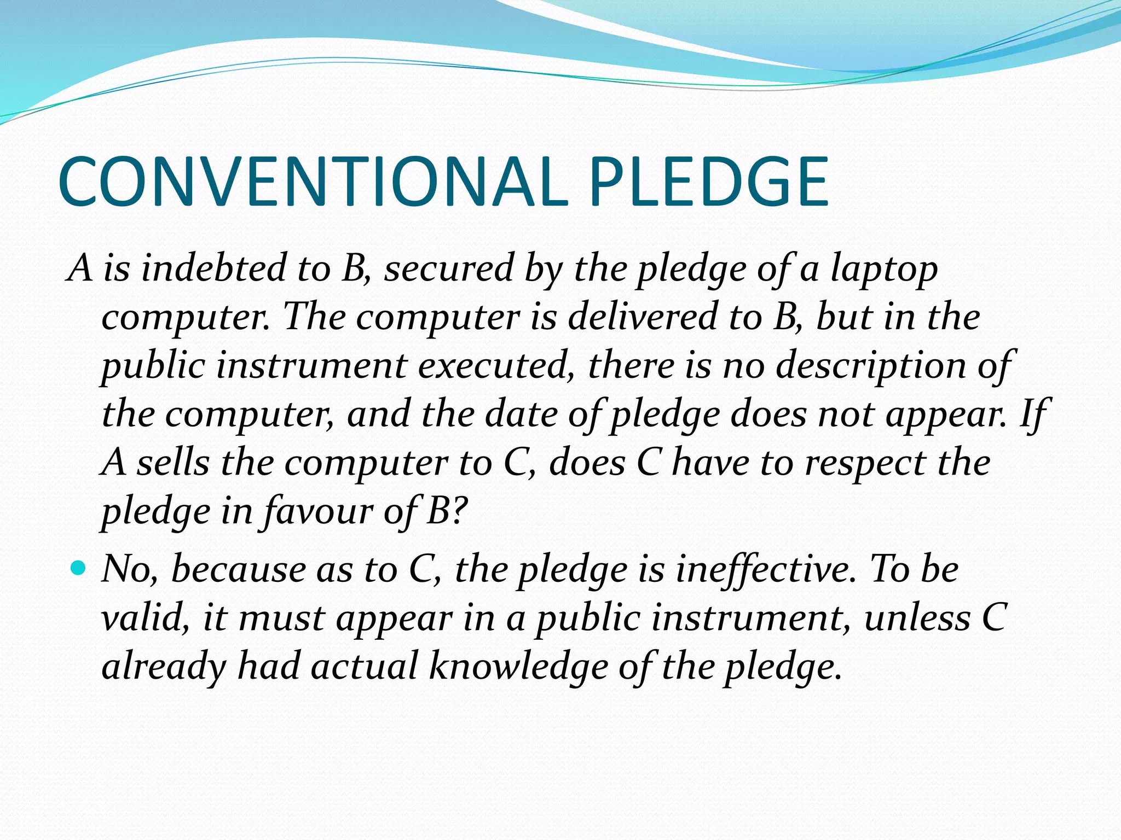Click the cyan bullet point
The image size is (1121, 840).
(x=79, y=569)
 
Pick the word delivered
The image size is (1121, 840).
(x=642, y=316)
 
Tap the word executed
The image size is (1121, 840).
(x=496, y=365)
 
